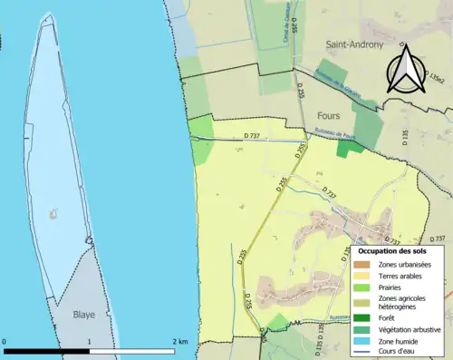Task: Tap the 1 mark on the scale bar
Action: [89, 342]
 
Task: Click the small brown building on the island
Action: [52, 215]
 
